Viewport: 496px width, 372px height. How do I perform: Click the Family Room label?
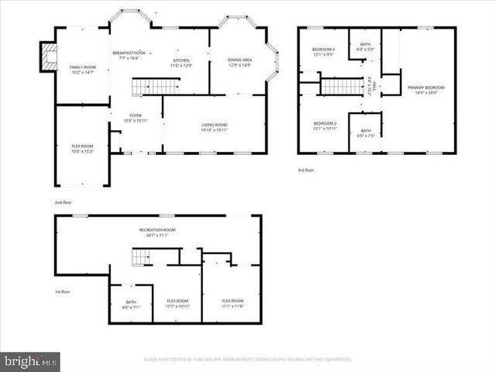81,71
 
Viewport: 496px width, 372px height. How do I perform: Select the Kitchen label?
181,62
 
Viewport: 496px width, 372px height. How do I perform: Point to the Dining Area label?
239,63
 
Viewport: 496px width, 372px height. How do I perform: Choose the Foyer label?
135,118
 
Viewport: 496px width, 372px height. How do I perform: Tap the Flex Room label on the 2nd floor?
82,149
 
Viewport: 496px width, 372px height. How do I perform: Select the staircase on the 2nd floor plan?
146,87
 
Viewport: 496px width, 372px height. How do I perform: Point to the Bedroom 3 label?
324,52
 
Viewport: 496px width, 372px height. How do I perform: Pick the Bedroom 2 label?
325,126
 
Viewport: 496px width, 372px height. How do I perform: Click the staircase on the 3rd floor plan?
341,85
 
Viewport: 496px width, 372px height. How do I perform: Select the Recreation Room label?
157,232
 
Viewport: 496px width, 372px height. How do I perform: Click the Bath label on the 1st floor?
131,305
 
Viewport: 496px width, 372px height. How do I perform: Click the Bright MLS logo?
30,361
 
